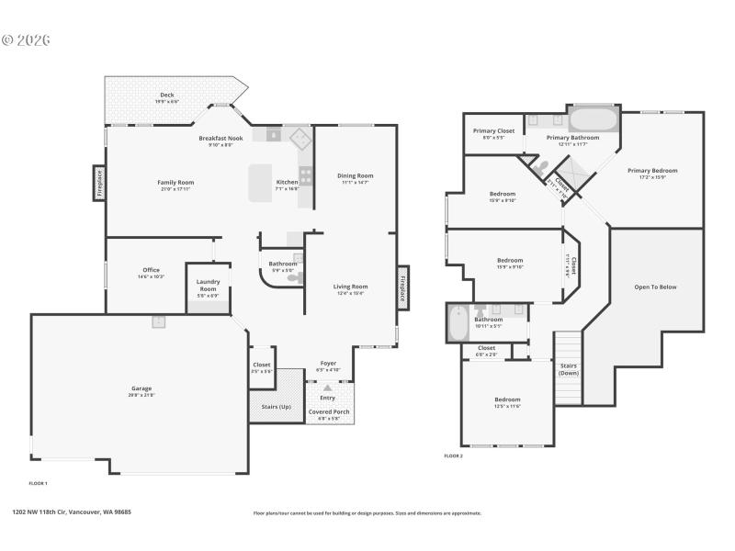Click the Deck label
(167, 95)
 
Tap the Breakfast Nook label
(220, 138)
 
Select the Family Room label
(175, 183)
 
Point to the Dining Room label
(355, 175)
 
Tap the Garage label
(141, 388)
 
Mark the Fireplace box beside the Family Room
(98, 183)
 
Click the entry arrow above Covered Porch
(327, 388)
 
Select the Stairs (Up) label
(277, 406)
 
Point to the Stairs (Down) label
(569, 368)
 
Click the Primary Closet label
(493, 131)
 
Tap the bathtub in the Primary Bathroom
(594, 119)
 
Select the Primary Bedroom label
(652, 171)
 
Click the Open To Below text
(655, 287)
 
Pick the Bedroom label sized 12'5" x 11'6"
(507, 399)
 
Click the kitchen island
(262, 182)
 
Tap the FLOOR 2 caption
(453, 455)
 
